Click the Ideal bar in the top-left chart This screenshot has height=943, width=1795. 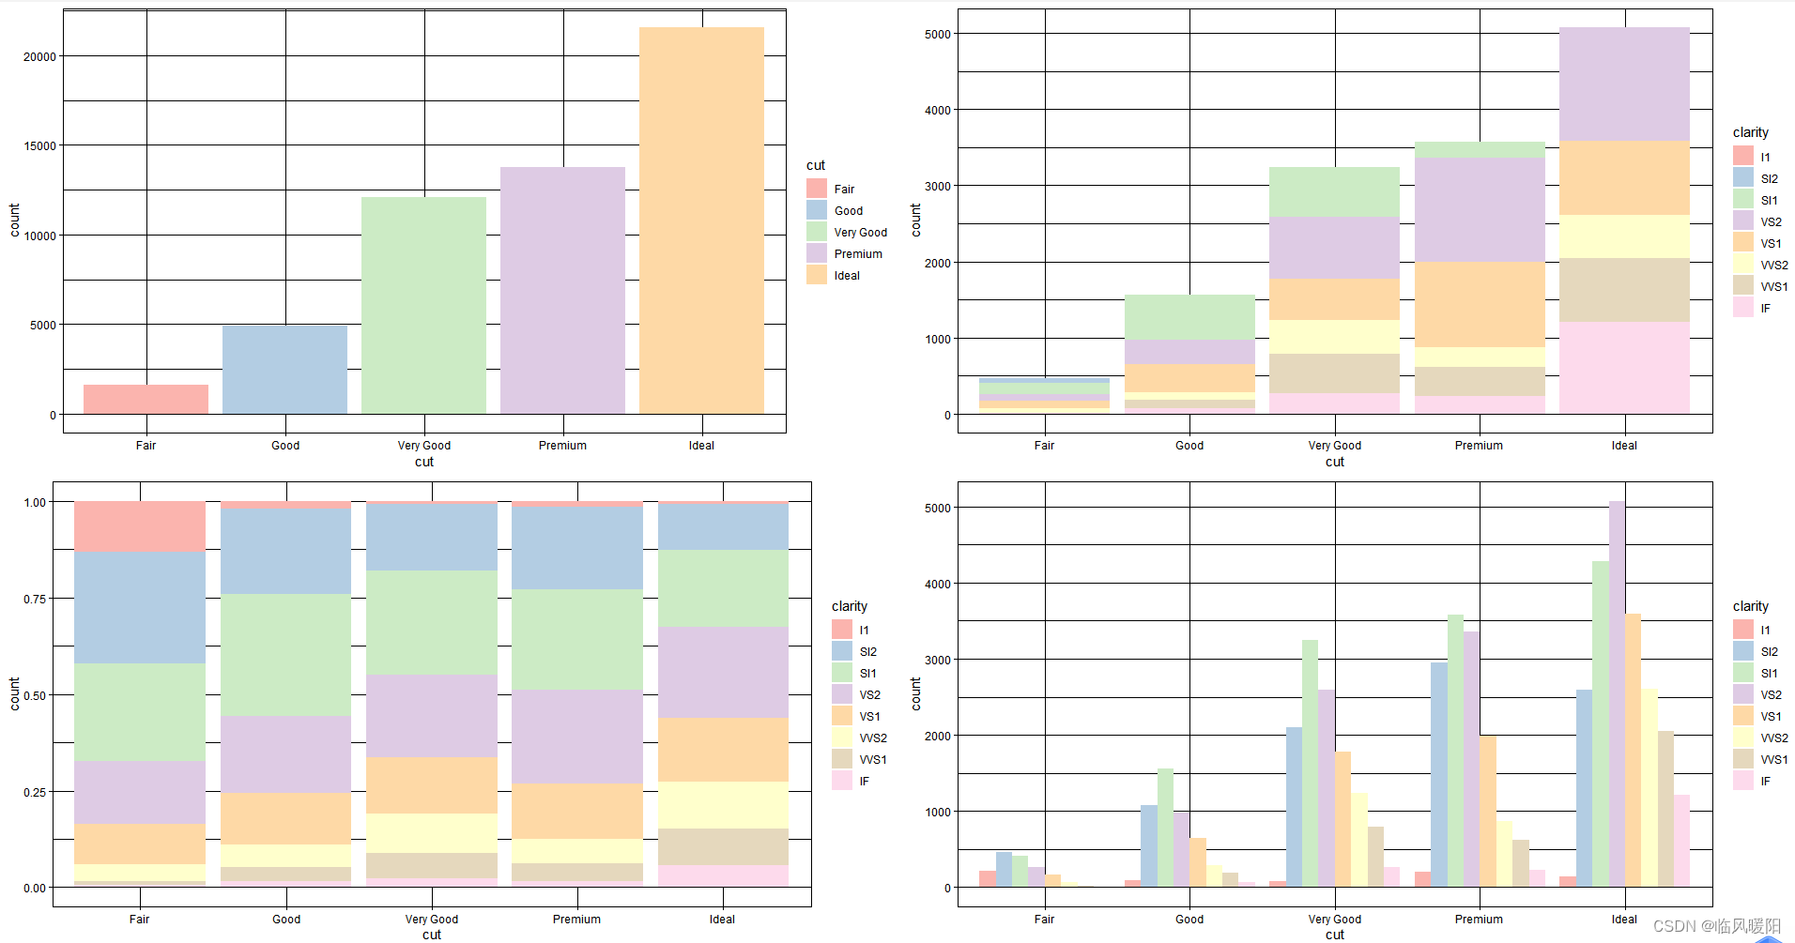(x=701, y=221)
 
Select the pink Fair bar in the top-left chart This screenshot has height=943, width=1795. (x=146, y=399)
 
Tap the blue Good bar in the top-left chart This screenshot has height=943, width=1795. (x=284, y=370)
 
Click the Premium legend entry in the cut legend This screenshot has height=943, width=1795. (x=857, y=253)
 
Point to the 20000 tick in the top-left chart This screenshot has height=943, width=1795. (x=40, y=56)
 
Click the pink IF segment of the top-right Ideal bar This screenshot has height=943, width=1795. (x=1624, y=367)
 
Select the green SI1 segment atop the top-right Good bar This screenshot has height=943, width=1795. (x=1189, y=316)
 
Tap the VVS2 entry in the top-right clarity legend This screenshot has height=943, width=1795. (x=1772, y=266)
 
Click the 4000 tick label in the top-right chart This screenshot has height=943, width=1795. (x=937, y=110)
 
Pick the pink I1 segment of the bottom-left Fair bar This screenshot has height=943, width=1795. (x=140, y=525)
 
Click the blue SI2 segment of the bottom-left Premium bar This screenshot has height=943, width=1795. (x=576, y=547)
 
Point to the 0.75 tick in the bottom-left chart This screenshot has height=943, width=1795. (x=34, y=599)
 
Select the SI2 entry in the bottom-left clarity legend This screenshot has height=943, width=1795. (x=867, y=652)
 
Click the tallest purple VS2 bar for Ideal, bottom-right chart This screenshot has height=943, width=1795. (x=1617, y=694)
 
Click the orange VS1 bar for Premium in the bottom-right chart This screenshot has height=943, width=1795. (x=1487, y=812)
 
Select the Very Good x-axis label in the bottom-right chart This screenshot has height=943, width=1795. (x=1334, y=920)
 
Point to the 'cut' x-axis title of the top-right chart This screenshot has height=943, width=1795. (x=1334, y=462)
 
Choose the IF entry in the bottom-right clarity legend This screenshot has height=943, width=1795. (x=1765, y=782)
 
